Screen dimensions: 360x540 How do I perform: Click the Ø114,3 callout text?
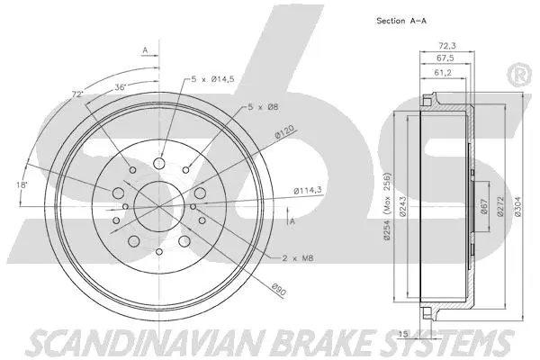pyautogui.click(x=309, y=190)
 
